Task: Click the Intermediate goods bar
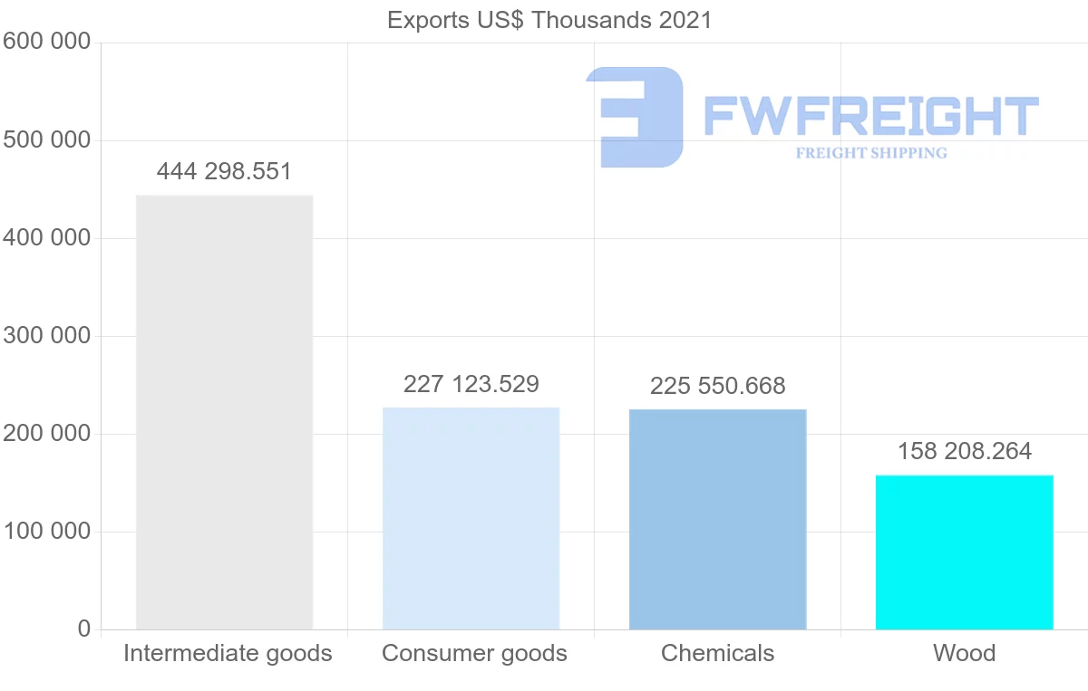coord(224,412)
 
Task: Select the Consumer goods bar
coord(471,518)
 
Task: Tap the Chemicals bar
coord(717,519)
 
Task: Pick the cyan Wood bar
coord(964,552)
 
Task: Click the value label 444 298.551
coord(224,172)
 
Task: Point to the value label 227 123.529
coord(471,384)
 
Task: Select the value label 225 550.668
coord(717,386)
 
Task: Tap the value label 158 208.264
coord(964,451)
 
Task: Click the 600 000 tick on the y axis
coord(46,42)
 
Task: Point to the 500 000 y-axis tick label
coord(46,140)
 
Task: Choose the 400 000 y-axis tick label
coord(46,238)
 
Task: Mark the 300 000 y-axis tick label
coord(46,336)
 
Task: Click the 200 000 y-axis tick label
coord(46,434)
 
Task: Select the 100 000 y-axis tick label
coord(46,532)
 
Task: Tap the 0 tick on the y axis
coord(84,629)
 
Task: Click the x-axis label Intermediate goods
coord(228,653)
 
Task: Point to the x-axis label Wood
coord(964,653)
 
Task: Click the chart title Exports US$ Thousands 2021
coord(549,20)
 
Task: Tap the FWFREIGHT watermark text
coord(870,116)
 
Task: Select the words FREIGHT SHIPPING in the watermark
coord(870,153)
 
